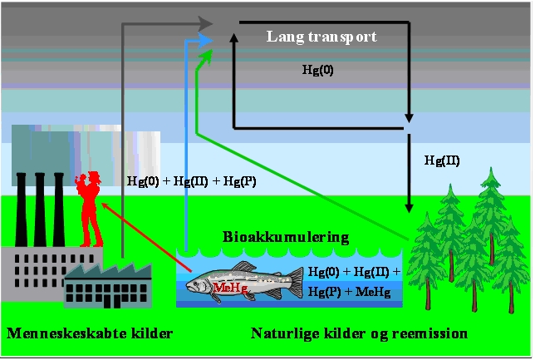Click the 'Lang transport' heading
321,37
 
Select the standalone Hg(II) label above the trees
441,160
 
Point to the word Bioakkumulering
286,237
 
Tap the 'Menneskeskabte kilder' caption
89,334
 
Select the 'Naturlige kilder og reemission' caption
359,334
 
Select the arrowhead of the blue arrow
207,38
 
